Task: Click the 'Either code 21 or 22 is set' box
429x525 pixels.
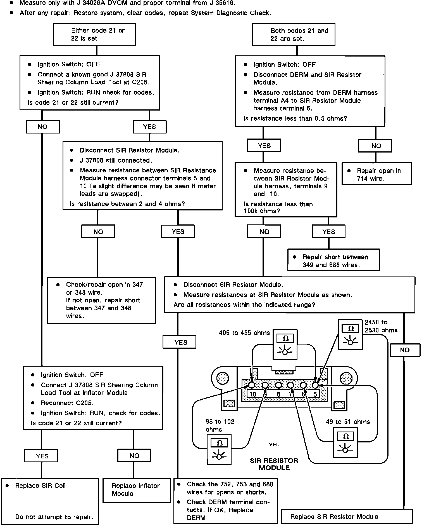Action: (x=94, y=34)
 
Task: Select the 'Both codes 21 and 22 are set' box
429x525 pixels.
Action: (x=294, y=34)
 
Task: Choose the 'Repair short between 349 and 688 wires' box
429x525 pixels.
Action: (x=333, y=260)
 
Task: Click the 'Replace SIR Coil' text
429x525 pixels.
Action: (x=40, y=486)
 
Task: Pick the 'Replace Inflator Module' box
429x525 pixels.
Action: (x=137, y=489)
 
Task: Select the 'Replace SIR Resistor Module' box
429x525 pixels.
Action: (x=346, y=517)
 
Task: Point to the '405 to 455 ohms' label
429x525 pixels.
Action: (x=244, y=333)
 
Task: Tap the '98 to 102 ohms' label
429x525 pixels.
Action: (x=220, y=425)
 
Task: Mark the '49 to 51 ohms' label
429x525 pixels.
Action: (x=348, y=422)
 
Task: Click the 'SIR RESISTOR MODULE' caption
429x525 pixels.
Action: (x=274, y=464)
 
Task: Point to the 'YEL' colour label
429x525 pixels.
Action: (x=274, y=444)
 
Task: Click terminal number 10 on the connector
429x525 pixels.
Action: (x=253, y=394)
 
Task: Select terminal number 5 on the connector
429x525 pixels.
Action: (x=315, y=394)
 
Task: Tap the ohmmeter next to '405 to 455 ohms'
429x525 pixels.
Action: (x=285, y=344)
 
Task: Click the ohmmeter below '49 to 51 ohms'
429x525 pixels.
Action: (x=346, y=444)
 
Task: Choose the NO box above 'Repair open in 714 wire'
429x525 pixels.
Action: (x=376, y=146)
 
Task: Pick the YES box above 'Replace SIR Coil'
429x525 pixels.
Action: (x=41, y=456)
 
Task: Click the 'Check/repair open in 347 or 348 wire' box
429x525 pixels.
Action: (x=101, y=300)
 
